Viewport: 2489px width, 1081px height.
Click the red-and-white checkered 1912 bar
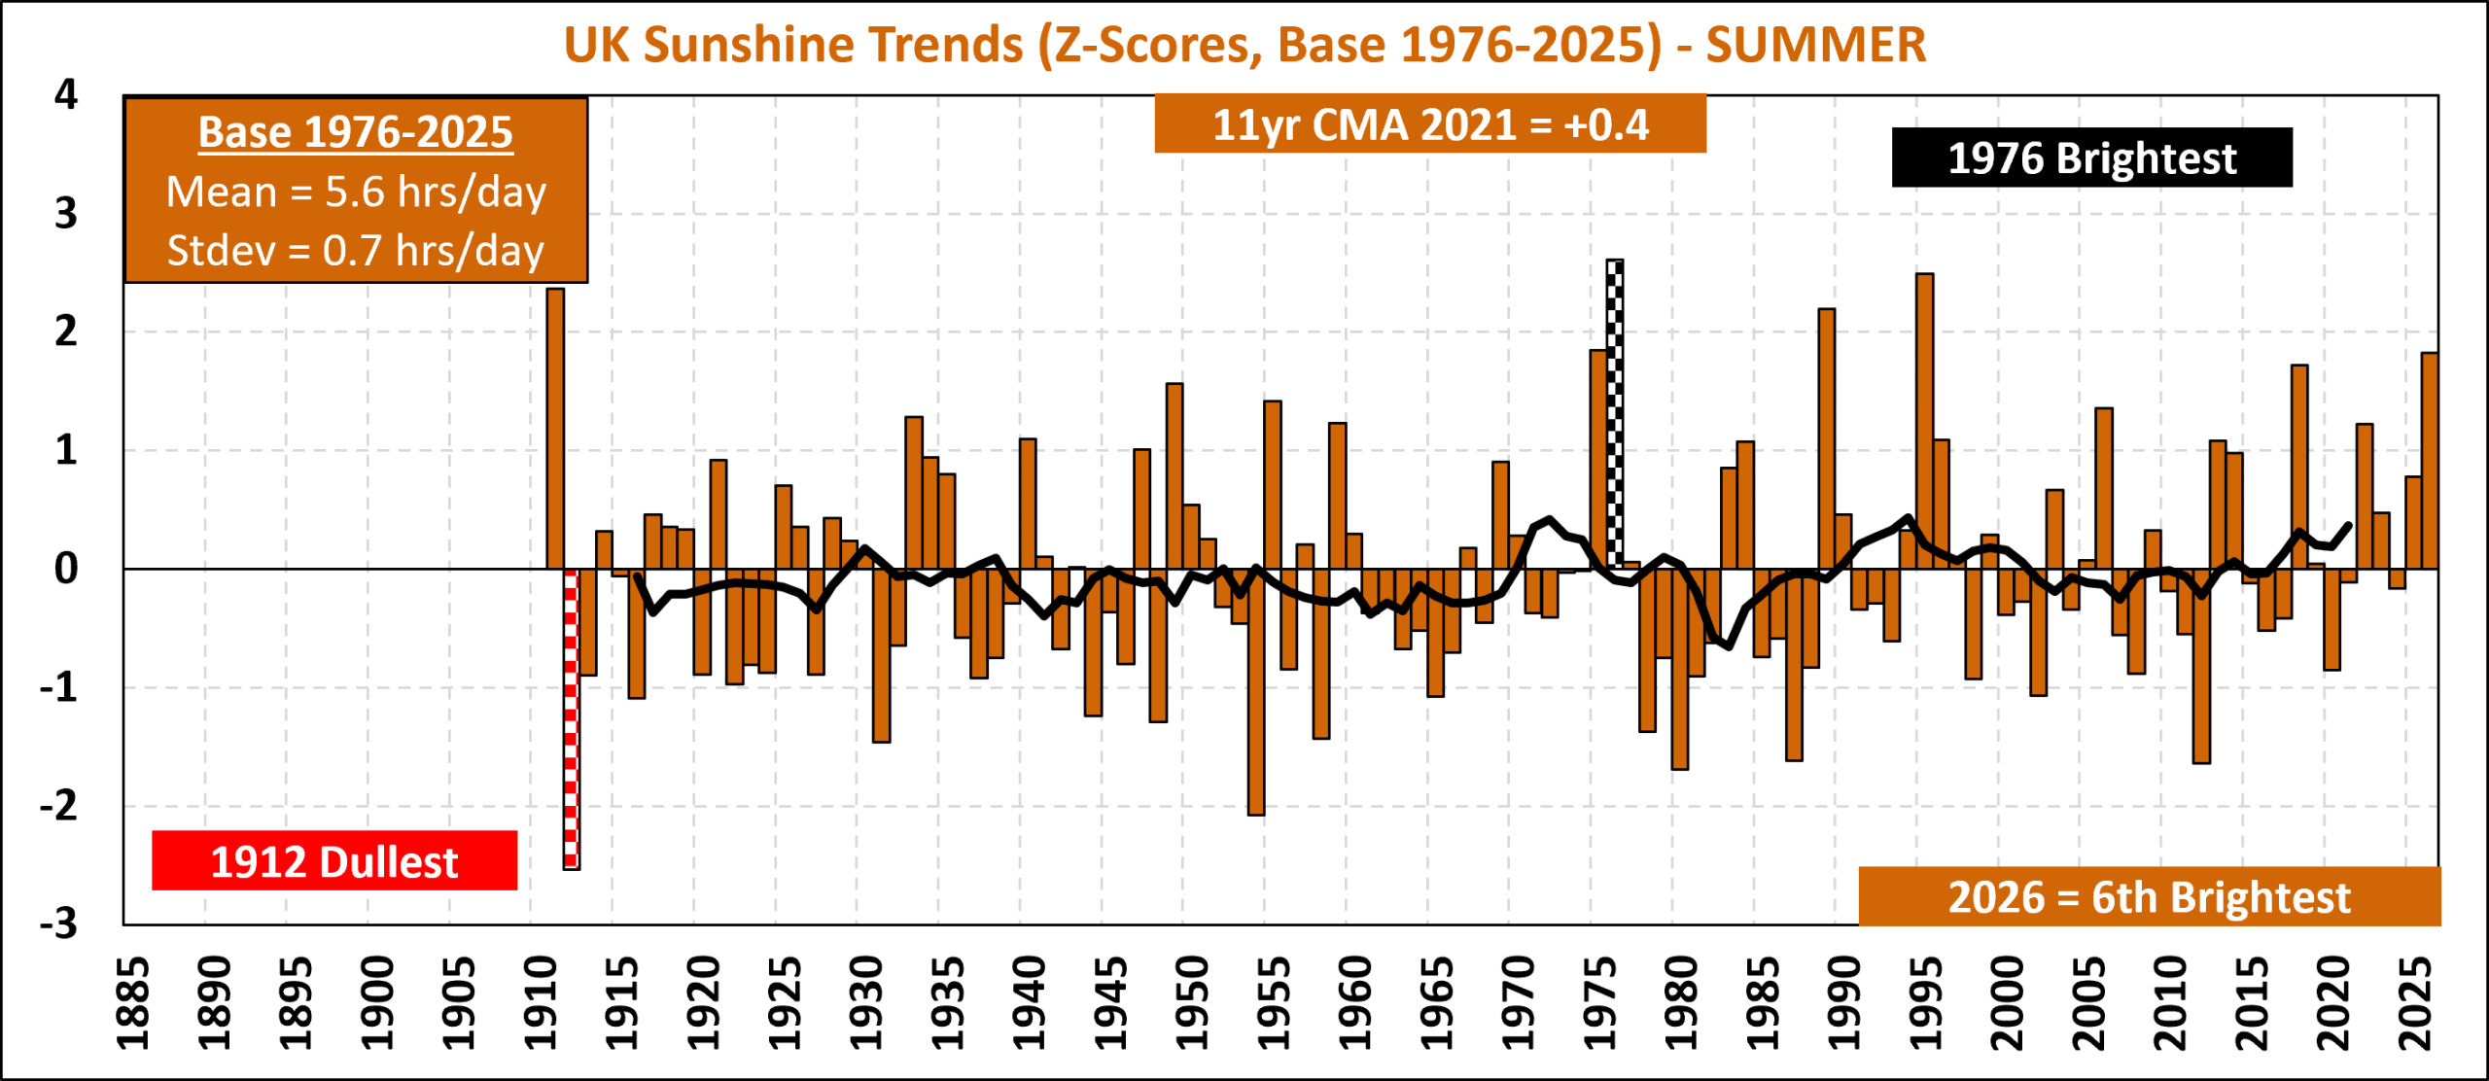coord(572,719)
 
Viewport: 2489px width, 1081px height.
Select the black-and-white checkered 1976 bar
coord(1615,414)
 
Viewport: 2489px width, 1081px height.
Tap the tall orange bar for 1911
coord(555,429)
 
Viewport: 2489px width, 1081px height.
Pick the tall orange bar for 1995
coord(1925,421)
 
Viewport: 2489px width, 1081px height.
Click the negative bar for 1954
coord(1256,692)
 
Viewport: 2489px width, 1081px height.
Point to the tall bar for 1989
coord(1827,438)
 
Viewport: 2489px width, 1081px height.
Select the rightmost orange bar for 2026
coord(2430,461)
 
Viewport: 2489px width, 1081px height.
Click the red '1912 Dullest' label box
coord(334,860)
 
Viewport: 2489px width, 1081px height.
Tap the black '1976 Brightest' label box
coord(2092,157)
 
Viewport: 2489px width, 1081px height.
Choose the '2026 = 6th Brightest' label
coord(2150,896)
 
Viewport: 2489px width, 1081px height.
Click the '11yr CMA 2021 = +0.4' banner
coord(1430,123)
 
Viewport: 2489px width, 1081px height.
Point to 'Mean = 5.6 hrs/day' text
coord(356,192)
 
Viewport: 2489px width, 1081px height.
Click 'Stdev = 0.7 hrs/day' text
coord(356,250)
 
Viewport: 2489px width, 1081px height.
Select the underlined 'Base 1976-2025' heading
coord(356,132)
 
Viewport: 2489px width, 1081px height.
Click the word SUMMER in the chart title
coord(1816,45)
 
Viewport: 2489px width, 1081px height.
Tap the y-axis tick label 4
coord(66,94)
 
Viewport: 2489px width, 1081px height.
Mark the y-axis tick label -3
coord(58,924)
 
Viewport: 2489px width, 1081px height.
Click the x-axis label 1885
coord(132,1003)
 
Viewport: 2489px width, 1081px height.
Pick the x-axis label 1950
coord(1192,1003)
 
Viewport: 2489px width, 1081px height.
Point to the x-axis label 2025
coord(2415,1003)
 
